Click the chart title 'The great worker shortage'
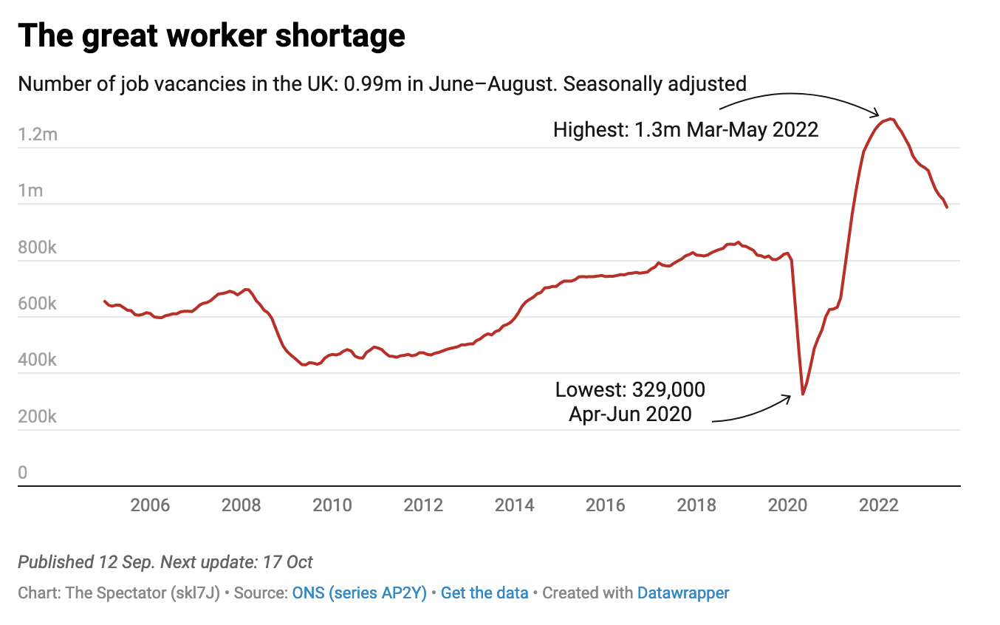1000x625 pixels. (x=211, y=35)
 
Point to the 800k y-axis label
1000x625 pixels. (x=37, y=247)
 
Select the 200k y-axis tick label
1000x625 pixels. (x=37, y=417)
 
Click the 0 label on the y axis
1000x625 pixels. (x=23, y=473)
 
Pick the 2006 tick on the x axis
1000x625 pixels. (x=150, y=505)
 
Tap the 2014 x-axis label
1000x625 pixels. (x=514, y=505)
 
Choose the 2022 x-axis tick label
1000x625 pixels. (x=879, y=505)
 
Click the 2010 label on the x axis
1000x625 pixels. (x=332, y=505)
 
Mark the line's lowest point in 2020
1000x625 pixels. (x=802, y=395)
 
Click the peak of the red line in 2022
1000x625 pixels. (x=891, y=118)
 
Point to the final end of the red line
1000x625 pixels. (x=947, y=207)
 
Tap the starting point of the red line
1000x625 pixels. (x=104, y=301)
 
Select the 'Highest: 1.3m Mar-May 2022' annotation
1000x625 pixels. (x=685, y=130)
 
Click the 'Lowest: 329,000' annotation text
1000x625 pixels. (x=630, y=389)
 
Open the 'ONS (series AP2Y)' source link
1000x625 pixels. (x=359, y=592)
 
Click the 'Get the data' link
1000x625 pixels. (x=484, y=592)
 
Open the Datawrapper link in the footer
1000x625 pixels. (x=683, y=592)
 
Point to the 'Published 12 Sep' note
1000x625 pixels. (x=85, y=562)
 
